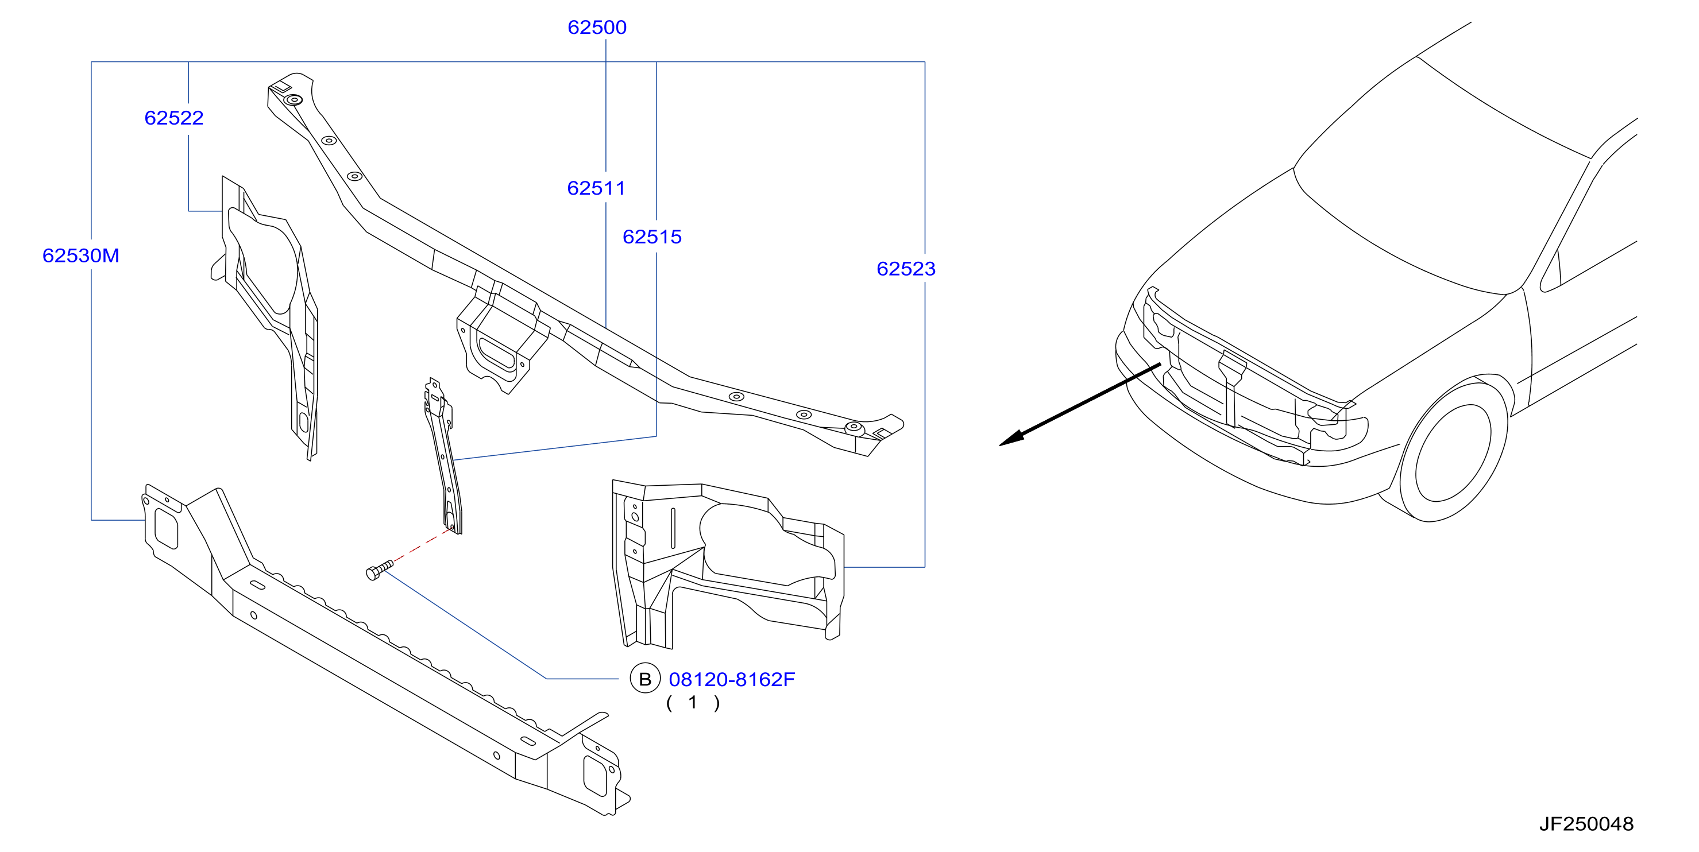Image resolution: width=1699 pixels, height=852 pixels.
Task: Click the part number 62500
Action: tap(597, 27)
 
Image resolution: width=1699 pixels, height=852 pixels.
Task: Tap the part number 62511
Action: tap(596, 188)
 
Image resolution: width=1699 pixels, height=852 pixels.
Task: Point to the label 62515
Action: tap(652, 237)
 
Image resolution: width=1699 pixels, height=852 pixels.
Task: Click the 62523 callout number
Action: tap(906, 268)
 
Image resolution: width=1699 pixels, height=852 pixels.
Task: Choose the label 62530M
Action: tap(80, 255)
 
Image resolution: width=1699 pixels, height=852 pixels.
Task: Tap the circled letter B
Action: tap(645, 679)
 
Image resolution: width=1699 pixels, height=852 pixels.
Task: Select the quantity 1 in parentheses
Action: tap(693, 703)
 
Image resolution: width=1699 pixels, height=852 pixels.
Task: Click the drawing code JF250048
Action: tap(1586, 824)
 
